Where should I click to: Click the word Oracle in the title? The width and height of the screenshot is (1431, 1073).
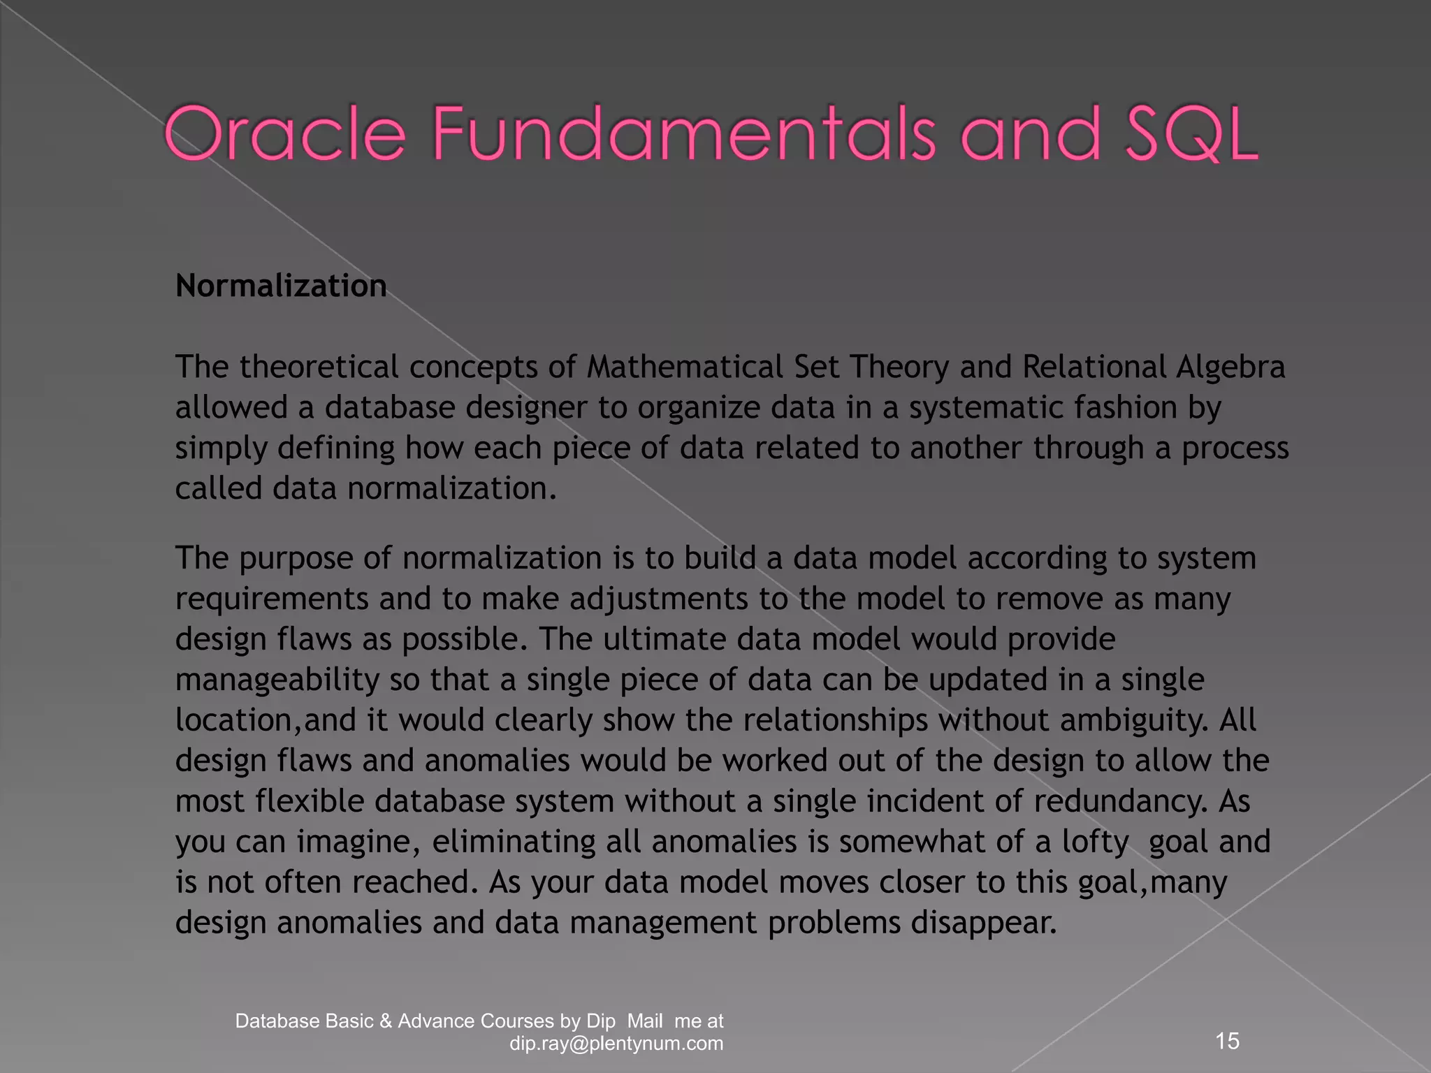284,133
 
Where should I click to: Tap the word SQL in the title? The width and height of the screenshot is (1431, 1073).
1191,133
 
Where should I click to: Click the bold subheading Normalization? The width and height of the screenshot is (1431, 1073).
281,286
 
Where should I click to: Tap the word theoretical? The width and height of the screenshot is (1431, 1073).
319,367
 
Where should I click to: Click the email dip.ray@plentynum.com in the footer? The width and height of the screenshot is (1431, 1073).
616,1044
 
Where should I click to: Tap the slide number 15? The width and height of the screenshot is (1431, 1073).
1228,1041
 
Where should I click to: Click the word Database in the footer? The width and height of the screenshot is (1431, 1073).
277,1021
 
